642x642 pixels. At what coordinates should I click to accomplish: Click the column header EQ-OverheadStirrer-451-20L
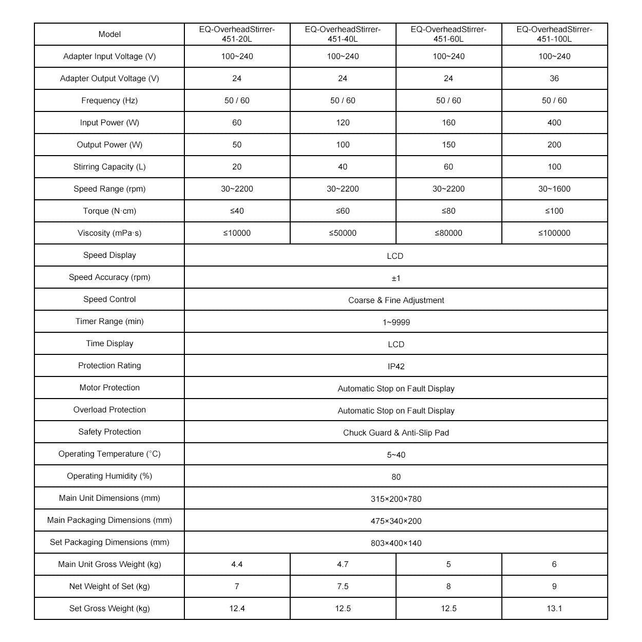tap(237, 34)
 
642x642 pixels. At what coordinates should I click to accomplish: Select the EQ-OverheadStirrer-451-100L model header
tap(554, 34)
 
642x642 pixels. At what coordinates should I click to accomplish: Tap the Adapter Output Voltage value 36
tap(554, 79)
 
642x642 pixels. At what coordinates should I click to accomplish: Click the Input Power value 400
tap(554, 123)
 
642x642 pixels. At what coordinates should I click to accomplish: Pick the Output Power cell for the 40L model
tap(343, 145)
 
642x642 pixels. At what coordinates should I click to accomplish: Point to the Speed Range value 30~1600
tap(554, 189)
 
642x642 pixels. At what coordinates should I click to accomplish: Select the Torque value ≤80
tap(448, 211)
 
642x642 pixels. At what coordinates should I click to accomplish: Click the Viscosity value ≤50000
tap(343, 233)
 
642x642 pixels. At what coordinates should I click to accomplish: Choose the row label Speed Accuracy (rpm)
tap(109, 277)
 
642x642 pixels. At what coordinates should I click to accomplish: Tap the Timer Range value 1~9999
tap(396, 323)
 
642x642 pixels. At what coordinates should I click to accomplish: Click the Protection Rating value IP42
tap(396, 367)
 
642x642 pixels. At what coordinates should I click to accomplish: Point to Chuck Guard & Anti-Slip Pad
tap(396, 433)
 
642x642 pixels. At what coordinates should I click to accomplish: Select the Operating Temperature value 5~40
tap(396, 455)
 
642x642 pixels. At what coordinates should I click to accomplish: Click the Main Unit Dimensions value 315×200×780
tap(396, 499)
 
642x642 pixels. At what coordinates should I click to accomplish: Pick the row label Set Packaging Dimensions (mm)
tap(109, 542)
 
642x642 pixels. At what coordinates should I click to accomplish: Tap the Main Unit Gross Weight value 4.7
tap(343, 564)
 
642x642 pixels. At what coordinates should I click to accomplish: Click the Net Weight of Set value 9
tap(554, 587)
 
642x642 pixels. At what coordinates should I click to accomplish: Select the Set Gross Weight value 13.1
tap(554, 609)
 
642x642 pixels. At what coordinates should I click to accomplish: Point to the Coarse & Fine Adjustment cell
tap(396, 300)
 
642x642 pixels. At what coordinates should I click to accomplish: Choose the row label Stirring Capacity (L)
tap(109, 167)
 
